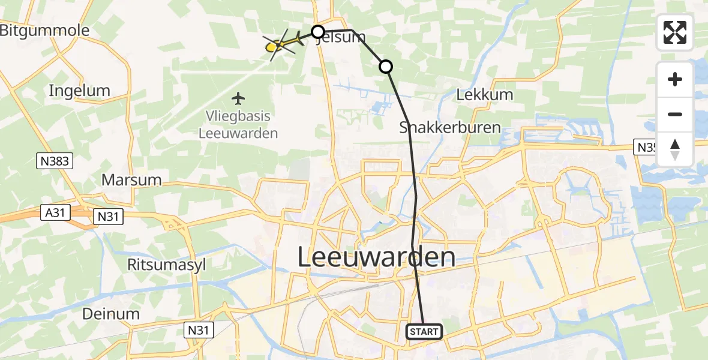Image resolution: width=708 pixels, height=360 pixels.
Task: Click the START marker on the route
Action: pos(425,331)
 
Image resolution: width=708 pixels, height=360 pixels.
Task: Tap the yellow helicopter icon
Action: pos(280,43)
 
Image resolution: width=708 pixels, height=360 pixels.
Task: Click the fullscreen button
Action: pos(675,32)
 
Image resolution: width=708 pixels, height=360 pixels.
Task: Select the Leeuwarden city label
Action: pos(376,258)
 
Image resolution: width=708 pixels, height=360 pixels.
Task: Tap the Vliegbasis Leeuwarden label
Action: pos(239,125)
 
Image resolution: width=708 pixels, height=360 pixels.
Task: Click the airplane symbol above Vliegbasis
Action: pos(239,97)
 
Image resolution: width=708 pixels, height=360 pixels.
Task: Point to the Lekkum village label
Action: pos(485,95)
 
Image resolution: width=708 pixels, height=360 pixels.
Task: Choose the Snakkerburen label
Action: pos(442,127)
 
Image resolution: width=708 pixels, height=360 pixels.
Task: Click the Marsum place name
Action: pos(131,179)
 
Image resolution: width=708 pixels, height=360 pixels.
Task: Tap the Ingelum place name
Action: pos(80,91)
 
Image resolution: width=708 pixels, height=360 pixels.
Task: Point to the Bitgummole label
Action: pos(44,31)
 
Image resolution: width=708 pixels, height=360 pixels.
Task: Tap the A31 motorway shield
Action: pos(56,211)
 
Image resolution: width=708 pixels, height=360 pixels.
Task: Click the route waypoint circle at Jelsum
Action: pos(317,31)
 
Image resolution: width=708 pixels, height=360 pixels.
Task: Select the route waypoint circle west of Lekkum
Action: pos(386,67)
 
